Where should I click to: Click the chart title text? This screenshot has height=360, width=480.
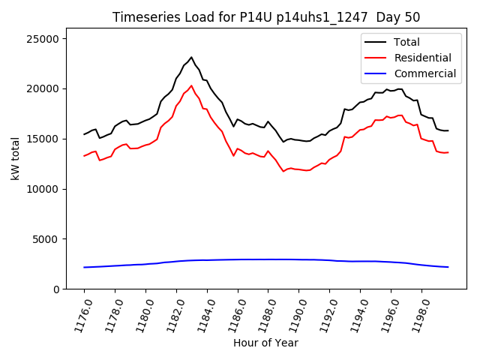[x=266, y=17]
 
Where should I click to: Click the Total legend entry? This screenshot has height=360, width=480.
[x=406, y=42]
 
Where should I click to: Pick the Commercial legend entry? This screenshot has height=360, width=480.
[x=424, y=73]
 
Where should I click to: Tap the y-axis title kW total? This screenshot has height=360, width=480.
[x=15, y=157]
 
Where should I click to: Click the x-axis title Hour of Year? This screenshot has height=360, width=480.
[x=265, y=343]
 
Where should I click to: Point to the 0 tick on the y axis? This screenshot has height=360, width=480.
[x=58, y=289]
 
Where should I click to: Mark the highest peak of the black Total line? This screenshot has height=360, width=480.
[x=191, y=57]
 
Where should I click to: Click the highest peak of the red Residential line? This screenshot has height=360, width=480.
[x=191, y=85]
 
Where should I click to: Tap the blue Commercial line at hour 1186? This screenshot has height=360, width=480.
[x=238, y=259]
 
